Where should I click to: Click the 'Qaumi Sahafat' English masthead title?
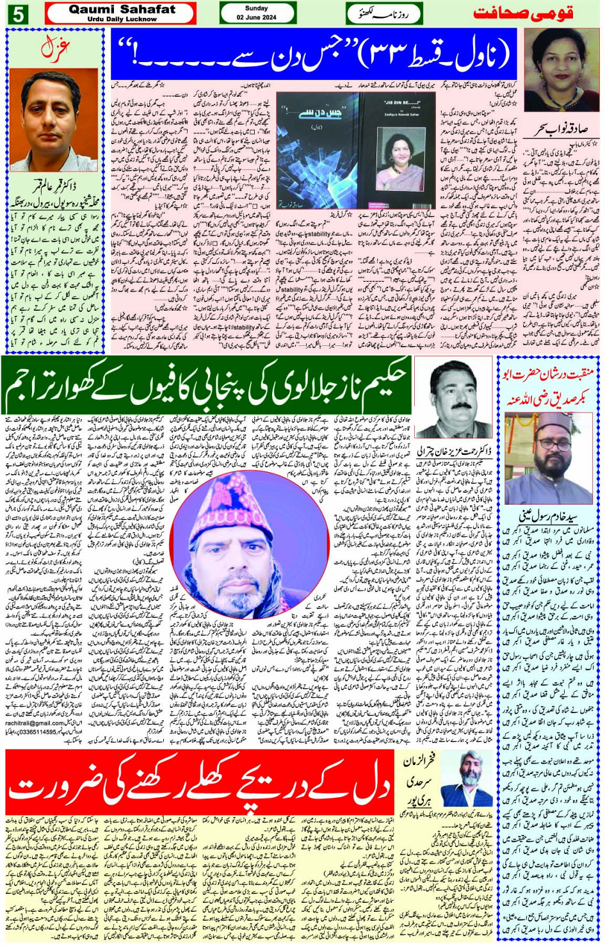tap(121, 10)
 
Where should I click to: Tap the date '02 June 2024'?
tap(257, 17)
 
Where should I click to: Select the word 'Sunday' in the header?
tap(257, 8)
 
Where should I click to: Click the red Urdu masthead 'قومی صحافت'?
tap(524, 13)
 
